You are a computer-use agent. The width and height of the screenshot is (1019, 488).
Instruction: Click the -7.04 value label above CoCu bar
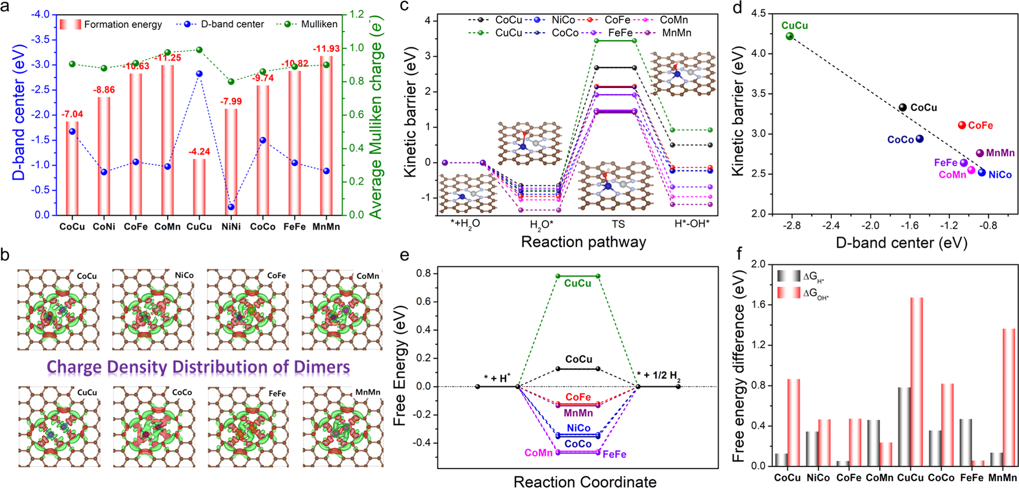pos(72,114)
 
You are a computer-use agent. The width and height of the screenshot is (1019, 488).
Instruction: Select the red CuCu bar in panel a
pos(199,187)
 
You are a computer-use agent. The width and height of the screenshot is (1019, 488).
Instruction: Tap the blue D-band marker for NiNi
pos(231,207)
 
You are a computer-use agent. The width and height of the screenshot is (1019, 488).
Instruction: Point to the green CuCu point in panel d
pos(790,36)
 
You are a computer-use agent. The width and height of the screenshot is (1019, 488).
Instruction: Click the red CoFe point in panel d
pos(962,125)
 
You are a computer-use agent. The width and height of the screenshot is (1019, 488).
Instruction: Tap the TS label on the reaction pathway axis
pos(618,224)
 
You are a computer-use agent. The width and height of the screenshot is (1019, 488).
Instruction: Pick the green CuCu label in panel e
pos(577,284)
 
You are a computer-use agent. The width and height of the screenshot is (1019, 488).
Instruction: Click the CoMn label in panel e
pos(538,453)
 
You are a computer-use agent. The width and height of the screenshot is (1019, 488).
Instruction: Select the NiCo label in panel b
pos(184,275)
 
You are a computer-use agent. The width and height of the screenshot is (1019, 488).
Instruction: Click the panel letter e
pos(404,254)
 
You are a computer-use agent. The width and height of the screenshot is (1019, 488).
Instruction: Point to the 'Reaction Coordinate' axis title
pos(585,481)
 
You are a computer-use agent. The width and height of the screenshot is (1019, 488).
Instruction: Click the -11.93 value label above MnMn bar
pos(326,48)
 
